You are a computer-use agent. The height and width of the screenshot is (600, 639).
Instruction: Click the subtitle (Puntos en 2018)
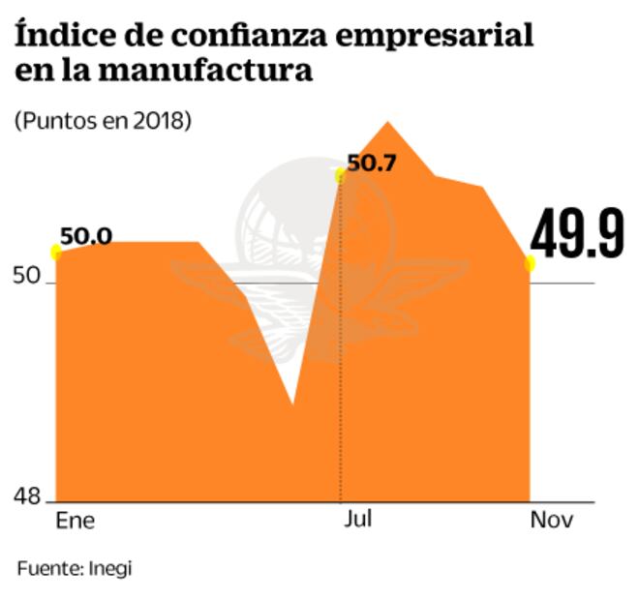(102, 121)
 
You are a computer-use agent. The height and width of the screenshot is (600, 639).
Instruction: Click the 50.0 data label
(85, 236)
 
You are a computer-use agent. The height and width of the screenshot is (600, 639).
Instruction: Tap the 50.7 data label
(372, 164)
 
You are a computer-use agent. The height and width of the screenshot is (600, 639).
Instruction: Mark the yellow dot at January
(56, 253)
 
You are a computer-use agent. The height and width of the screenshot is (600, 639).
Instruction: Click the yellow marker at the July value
(340, 175)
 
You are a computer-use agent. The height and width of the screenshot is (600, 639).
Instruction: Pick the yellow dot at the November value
(531, 263)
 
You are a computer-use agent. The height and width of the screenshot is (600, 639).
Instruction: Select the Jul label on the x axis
(358, 519)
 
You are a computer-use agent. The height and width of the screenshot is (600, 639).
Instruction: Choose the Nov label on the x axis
(552, 520)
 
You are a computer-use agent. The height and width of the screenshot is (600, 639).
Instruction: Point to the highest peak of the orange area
(388, 123)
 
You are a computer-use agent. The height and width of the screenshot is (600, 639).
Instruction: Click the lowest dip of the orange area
(292, 402)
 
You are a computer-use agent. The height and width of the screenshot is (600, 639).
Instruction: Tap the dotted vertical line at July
(340, 387)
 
